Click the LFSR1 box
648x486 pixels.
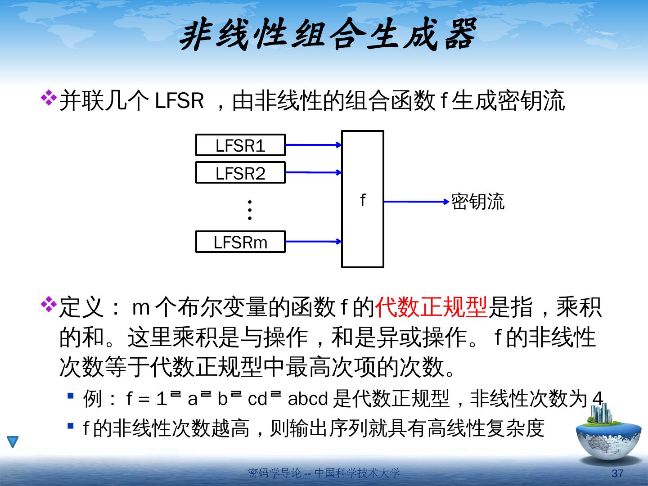click(240, 145)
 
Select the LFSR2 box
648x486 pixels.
click(240, 173)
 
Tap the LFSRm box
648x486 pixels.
click(240, 242)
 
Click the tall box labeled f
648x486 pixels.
click(363, 199)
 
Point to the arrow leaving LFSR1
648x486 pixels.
click(313, 145)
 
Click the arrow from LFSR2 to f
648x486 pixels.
click(313, 172)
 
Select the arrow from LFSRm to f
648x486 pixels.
click(313, 242)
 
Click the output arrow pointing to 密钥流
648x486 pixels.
click(416, 202)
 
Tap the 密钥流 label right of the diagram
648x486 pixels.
click(478, 202)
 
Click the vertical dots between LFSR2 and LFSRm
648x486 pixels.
click(250, 210)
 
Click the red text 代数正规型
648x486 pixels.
click(431, 308)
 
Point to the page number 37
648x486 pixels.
click(618, 473)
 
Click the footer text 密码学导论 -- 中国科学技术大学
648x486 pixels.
click(324, 473)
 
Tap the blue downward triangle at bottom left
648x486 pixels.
click(13, 442)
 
